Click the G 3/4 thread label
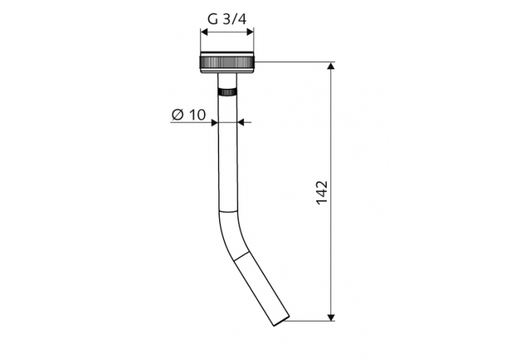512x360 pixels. point(227,19)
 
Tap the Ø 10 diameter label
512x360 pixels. point(188,115)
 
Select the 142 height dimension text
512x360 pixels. point(322,193)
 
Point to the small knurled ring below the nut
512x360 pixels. point(227,92)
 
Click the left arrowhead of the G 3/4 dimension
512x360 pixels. point(204,31)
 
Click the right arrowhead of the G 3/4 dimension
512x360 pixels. point(250,31)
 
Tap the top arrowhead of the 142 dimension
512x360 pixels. point(331,66)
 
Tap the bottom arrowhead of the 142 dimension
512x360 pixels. point(331,317)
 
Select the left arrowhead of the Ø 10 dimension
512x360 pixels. point(214,122)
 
